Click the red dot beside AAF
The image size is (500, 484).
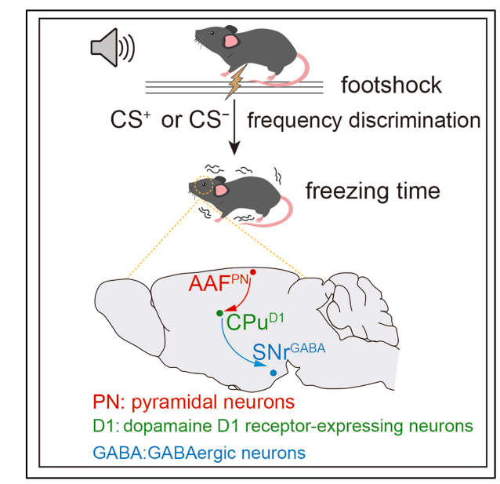[253, 271]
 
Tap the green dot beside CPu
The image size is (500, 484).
[219, 313]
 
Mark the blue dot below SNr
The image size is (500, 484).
[274, 373]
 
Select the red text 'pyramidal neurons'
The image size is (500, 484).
[224, 402]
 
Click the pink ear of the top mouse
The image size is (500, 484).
[231, 40]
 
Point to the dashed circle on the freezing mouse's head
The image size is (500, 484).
[204, 187]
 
